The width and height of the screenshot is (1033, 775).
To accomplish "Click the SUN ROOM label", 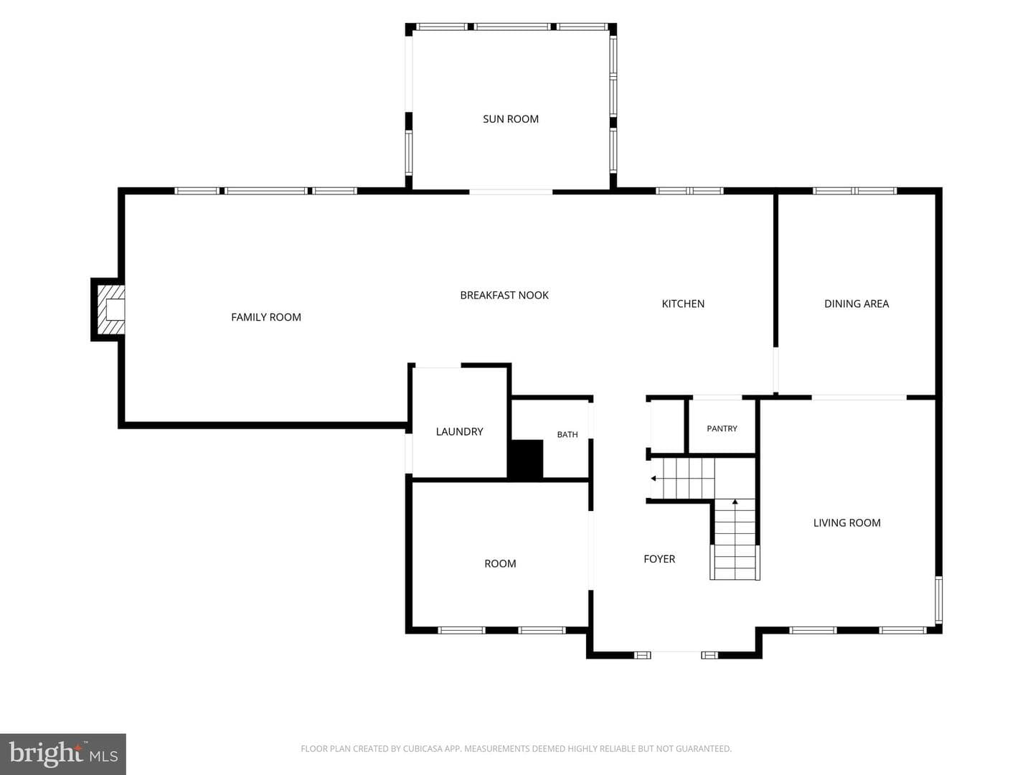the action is tap(511, 119).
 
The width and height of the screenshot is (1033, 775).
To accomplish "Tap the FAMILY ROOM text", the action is tap(266, 317).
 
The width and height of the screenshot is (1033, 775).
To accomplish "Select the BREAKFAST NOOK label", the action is tap(504, 295).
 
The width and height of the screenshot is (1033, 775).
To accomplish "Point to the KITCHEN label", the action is tap(683, 304).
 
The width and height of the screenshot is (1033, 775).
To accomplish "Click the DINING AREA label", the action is tap(857, 304).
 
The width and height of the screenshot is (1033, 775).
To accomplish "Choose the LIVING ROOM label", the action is tap(847, 523).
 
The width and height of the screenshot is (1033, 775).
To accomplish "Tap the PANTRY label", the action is tap(722, 428).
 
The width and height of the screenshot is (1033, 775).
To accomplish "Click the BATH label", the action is tap(567, 434).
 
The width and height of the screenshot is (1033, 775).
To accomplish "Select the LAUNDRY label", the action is tap(459, 431).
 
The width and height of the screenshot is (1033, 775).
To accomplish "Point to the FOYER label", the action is tap(659, 558).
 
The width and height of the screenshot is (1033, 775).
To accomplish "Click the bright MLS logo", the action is tap(63, 753).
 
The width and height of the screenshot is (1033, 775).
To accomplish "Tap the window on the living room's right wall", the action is tap(938, 600).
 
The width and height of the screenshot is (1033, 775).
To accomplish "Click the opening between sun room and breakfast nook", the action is tap(511, 192).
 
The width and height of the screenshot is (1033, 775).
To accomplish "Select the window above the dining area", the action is tap(854, 191).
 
